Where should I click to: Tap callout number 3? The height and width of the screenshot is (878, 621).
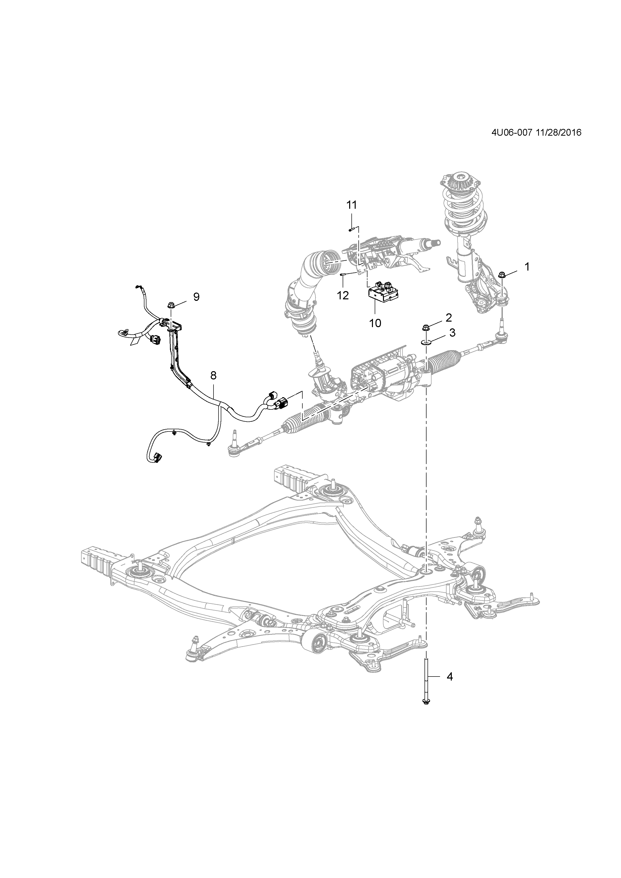coord(452,333)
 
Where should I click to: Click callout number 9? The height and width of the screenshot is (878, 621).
coord(196,297)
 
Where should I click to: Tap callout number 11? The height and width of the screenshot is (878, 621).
coord(351,205)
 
